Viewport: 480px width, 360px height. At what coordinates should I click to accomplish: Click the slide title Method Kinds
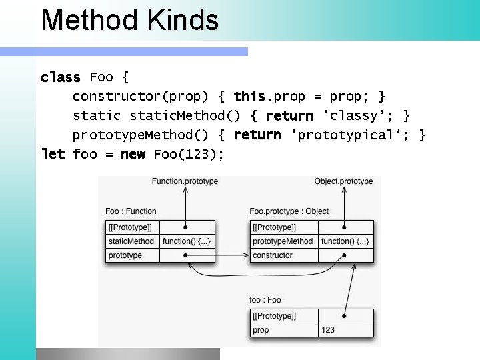[x=129, y=20]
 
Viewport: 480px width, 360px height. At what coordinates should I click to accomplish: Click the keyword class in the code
[x=60, y=77]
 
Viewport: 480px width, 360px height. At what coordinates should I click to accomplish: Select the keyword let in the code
[x=53, y=155]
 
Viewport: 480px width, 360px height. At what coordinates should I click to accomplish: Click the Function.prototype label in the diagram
[x=185, y=181]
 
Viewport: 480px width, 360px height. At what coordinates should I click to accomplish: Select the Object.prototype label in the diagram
[x=343, y=181]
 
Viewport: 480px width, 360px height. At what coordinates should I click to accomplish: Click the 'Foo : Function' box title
[x=131, y=211]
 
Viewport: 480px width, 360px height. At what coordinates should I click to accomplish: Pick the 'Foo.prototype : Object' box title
[x=289, y=211]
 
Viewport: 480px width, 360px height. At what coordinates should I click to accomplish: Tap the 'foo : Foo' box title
[x=265, y=300]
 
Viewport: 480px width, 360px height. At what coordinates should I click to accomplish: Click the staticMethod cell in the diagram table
[x=131, y=241]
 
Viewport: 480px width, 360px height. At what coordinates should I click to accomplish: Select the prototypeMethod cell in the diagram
[x=283, y=241]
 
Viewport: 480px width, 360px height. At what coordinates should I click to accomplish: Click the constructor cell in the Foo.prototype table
[x=273, y=255]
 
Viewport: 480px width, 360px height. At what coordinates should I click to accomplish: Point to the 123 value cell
[x=329, y=330]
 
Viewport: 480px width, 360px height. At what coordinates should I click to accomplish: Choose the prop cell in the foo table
[x=261, y=330]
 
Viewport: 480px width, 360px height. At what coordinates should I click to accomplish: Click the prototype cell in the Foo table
[x=125, y=255]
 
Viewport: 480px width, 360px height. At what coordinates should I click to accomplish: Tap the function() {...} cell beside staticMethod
[x=187, y=241]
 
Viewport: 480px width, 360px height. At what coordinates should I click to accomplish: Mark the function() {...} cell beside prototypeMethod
[x=345, y=241]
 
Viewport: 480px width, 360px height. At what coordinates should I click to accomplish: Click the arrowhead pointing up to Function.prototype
[x=185, y=191]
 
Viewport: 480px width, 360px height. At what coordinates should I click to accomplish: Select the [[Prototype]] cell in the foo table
[x=274, y=315]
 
